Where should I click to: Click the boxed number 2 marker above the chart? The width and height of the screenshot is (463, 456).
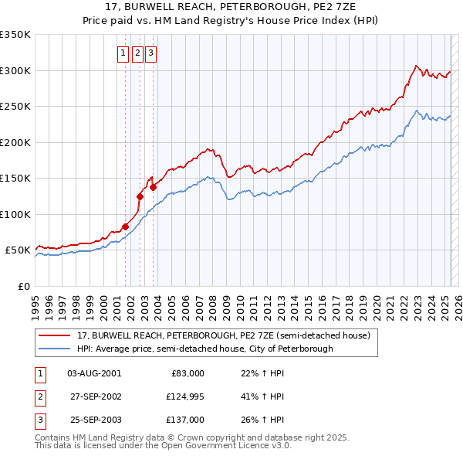pos(137,53)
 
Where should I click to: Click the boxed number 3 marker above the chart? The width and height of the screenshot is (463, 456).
pos(150,53)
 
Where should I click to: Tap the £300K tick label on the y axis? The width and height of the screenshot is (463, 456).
pos(15,70)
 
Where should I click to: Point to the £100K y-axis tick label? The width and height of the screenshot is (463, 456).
pos(15,214)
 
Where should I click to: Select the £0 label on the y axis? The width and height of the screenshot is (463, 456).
pos(25,286)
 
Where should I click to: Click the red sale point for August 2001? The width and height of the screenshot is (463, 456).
pos(125,226)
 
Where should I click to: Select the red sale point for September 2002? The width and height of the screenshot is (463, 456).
pos(140,196)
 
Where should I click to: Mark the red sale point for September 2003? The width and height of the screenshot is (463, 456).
pos(154,187)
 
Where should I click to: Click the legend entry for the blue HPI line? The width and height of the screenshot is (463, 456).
pos(204,349)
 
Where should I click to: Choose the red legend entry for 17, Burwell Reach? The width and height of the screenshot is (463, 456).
pos(224,336)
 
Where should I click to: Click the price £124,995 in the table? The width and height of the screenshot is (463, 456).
pos(184,396)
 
